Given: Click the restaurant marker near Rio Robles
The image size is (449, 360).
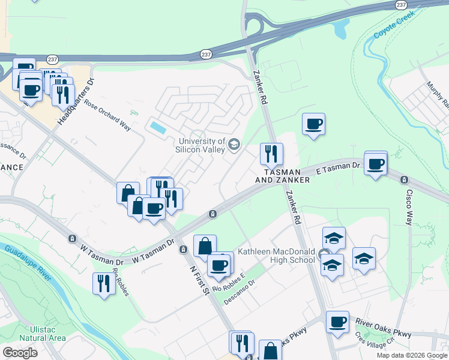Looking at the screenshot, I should [104, 283].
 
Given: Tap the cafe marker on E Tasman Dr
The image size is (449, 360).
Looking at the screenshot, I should [376, 164].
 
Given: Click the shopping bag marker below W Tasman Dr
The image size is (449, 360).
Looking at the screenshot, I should [205, 245].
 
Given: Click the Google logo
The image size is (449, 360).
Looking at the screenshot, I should [20, 352].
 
